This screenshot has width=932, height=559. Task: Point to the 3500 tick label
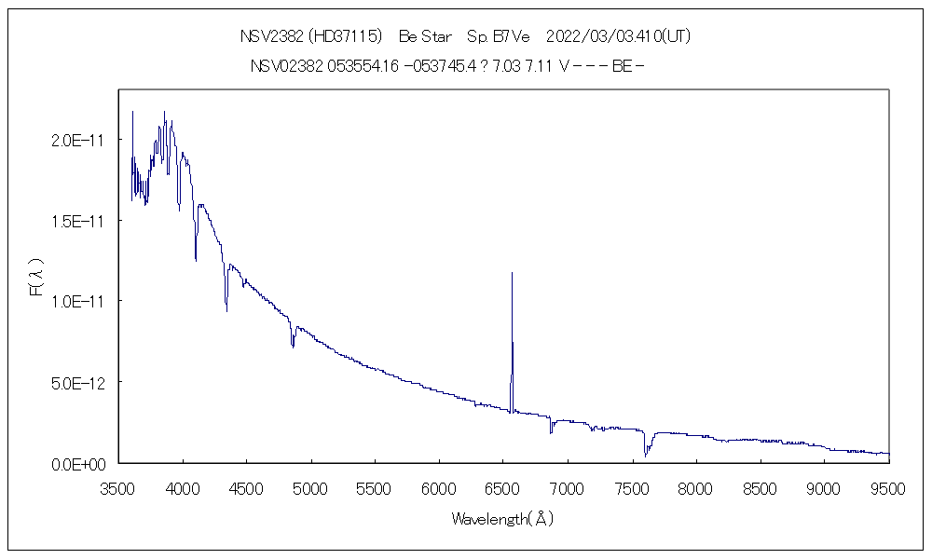tap(118, 487)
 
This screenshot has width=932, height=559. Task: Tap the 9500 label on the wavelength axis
tap(888, 487)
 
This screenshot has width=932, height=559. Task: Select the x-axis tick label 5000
tap(311, 487)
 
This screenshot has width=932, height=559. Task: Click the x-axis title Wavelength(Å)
tap(503, 519)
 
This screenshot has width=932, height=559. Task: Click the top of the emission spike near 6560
tap(512, 273)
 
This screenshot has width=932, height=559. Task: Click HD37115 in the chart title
tap(346, 36)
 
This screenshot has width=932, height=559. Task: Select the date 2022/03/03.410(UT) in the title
tap(617, 36)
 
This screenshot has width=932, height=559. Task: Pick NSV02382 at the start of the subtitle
tap(286, 66)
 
